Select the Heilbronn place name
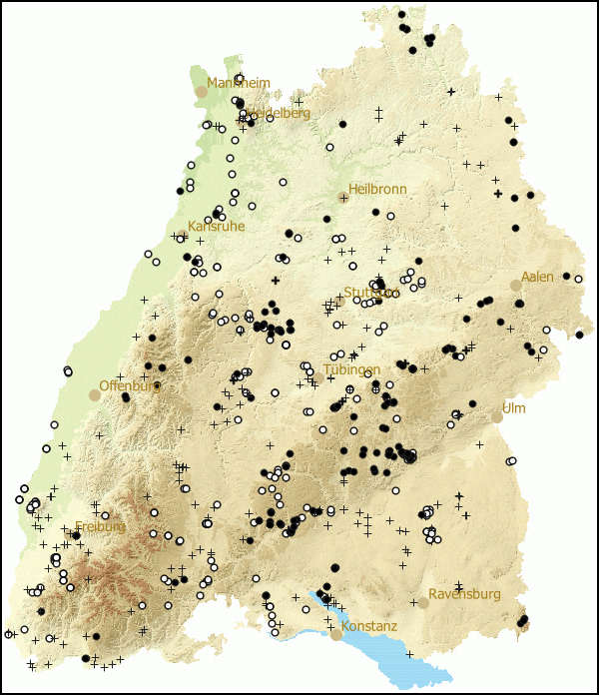[x=377, y=189]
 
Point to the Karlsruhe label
[x=216, y=227]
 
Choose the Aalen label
[x=537, y=276]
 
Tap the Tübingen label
[x=351, y=370]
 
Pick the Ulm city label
[x=513, y=408]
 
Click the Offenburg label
[x=128, y=386]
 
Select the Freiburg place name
[x=100, y=526]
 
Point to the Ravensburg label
[x=464, y=594]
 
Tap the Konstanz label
[x=368, y=626]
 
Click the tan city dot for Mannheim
[x=201, y=91]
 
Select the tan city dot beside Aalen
[x=516, y=285]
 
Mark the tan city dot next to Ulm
[x=496, y=417]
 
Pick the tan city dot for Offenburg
[x=94, y=395]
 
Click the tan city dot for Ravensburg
[x=423, y=602]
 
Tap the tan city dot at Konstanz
[x=336, y=634]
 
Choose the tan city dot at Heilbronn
[x=342, y=198]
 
